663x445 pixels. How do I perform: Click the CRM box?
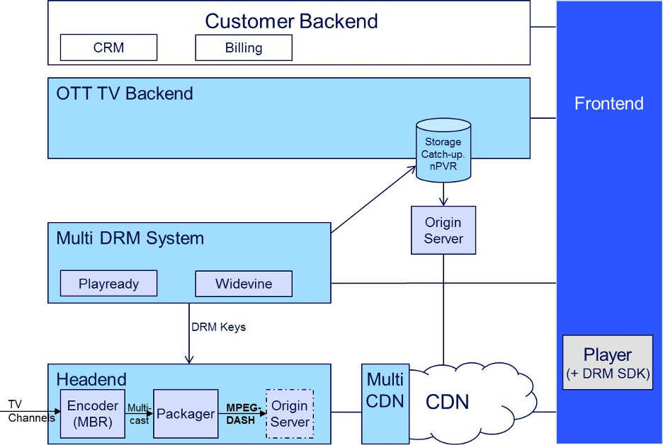[108, 48]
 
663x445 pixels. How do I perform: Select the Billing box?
[244, 48]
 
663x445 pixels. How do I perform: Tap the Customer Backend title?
[291, 21]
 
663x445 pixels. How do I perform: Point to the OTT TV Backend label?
[125, 93]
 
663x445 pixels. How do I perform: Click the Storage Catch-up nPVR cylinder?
[443, 151]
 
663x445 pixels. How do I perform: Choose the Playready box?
[108, 284]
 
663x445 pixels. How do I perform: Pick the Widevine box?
[244, 284]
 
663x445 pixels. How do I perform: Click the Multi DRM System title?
[130, 238]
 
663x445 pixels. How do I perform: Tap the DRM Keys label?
[218, 328]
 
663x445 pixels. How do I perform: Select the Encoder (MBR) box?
[93, 414]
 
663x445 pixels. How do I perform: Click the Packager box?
[186, 414]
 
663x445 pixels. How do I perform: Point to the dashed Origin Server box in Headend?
[290, 414]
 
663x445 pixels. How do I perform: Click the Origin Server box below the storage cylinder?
[443, 231]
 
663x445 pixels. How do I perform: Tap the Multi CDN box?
[385, 391]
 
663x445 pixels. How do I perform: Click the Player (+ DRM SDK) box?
[607, 362]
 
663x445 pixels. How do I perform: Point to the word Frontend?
[608, 104]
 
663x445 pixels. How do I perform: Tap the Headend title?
[91, 379]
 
